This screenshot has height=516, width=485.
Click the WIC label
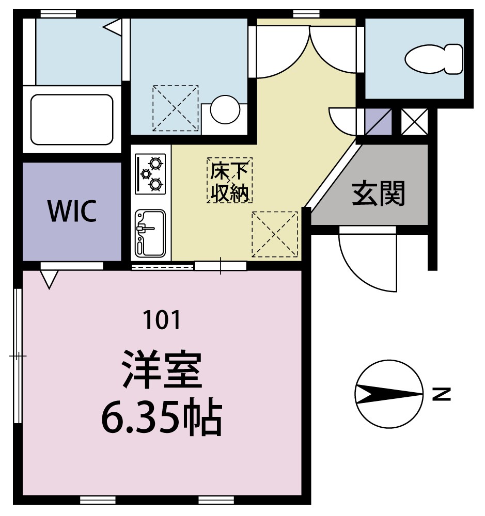(72, 211)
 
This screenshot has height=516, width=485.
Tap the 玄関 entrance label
(379, 193)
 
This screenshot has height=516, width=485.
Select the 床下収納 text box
(230, 180)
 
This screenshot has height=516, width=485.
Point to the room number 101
(163, 320)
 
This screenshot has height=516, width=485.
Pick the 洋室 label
(162, 370)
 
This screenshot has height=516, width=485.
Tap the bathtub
(72, 120)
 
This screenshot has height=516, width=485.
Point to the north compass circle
(389, 394)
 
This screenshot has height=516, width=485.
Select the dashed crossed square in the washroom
(175, 108)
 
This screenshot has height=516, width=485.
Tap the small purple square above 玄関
(378, 121)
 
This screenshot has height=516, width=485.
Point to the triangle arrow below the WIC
(50, 279)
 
